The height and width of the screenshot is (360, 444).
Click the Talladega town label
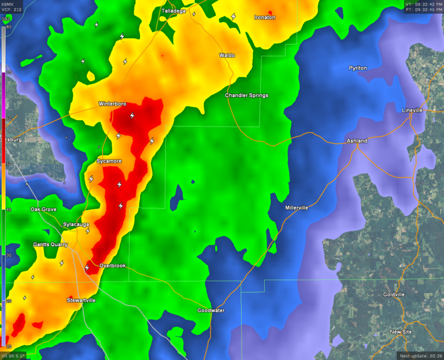173,10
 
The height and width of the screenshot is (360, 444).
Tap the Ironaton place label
265,17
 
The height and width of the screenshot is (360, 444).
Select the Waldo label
227,55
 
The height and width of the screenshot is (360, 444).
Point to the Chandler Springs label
246,95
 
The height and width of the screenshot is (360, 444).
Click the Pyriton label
357,68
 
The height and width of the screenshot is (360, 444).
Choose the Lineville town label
412,110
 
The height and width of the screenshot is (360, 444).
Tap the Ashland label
357,140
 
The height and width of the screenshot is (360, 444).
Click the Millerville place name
297,207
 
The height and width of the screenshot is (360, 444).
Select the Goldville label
394,294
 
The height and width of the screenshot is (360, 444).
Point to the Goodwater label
210,310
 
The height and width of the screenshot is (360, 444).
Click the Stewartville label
81,300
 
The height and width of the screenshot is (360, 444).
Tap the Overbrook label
112,266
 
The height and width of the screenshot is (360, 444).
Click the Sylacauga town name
77,224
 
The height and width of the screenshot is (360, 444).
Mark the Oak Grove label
43,209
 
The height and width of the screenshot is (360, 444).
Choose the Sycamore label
109,161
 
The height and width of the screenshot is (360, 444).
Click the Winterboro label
112,105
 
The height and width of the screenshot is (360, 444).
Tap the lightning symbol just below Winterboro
132,115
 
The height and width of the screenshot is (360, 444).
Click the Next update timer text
419,355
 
